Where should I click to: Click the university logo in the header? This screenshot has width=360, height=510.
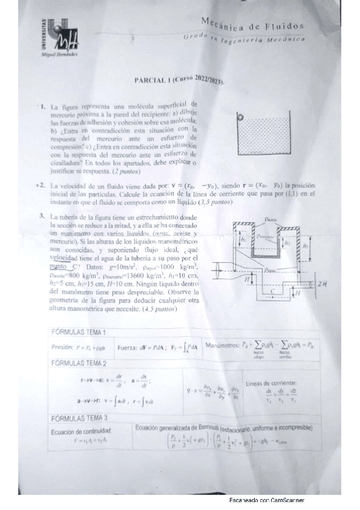55,36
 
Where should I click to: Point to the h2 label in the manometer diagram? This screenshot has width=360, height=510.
288,245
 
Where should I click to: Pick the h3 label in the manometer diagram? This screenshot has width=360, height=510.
306,245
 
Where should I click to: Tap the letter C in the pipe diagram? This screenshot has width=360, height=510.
272,290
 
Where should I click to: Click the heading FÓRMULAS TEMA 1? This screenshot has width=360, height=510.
80,332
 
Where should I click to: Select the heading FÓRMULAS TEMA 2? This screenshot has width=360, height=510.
80,363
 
